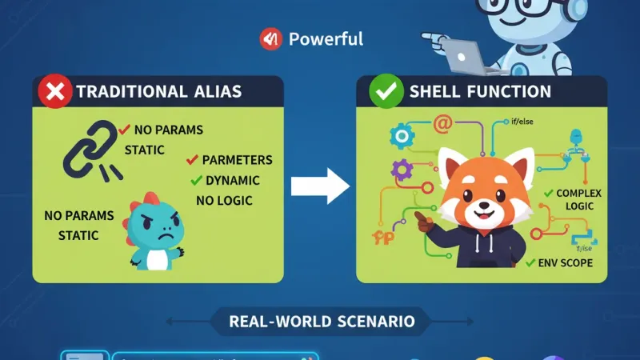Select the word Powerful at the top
326,38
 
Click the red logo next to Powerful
270,38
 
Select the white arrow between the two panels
319,187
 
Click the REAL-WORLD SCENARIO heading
322,322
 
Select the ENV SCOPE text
565,262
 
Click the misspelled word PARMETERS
237,160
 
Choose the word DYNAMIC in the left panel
238,180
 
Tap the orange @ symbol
442,124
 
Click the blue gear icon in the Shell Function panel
399,137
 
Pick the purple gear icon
402,169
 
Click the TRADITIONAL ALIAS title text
158,92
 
